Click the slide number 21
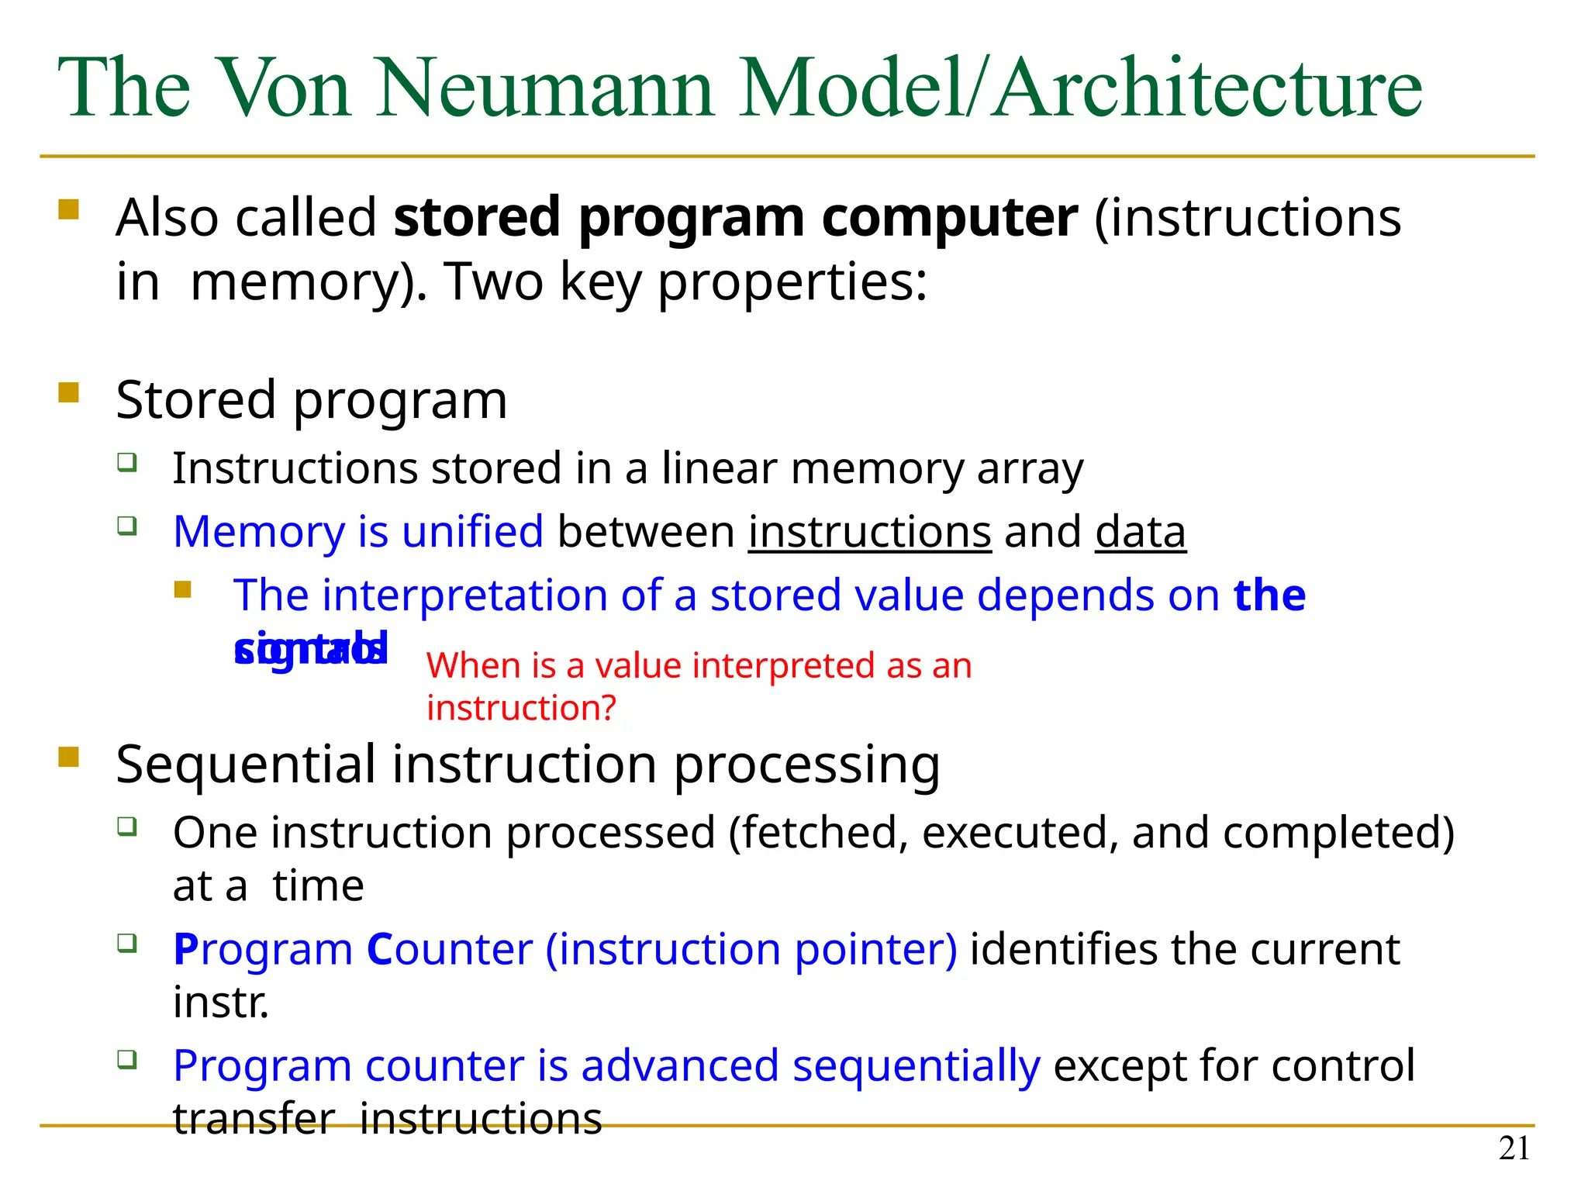tap(1514, 1148)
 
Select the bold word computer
tap(949, 219)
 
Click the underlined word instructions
tap(869, 533)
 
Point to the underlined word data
tap(1140, 533)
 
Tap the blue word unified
tap(472, 533)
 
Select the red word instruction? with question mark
tap(521, 708)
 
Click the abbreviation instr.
tap(221, 1003)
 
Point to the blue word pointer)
tap(876, 950)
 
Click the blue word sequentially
tap(916, 1066)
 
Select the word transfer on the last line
tap(254, 1119)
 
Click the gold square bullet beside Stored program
tap(69, 392)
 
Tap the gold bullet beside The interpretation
tap(183, 590)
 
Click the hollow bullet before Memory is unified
tap(127, 526)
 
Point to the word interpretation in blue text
tap(464, 595)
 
